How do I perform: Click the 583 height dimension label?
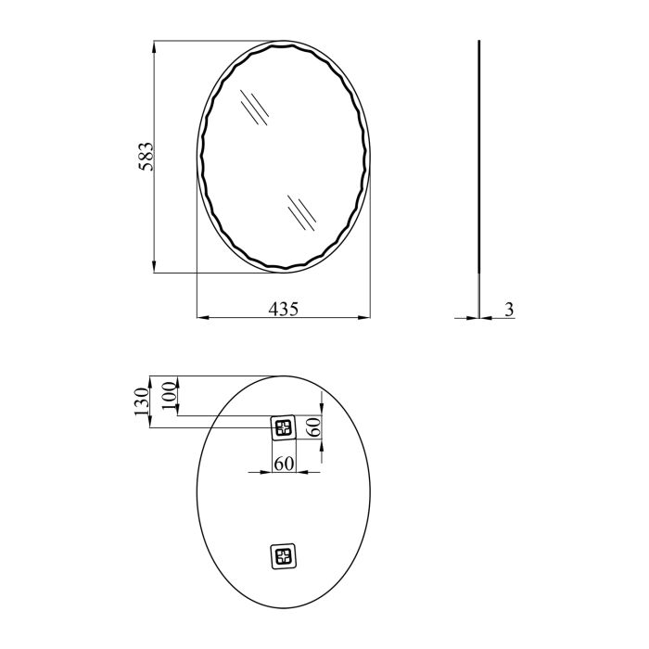(146, 157)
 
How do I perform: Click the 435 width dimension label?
(284, 309)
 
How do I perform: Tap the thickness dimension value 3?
(510, 309)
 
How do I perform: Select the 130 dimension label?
(141, 401)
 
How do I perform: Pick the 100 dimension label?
(170, 396)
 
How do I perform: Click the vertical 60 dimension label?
(314, 426)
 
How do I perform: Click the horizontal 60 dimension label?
(284, 464)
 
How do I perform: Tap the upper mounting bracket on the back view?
(284, 427)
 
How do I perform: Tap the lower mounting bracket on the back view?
(284, 556)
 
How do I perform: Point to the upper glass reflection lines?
(255, 108)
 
